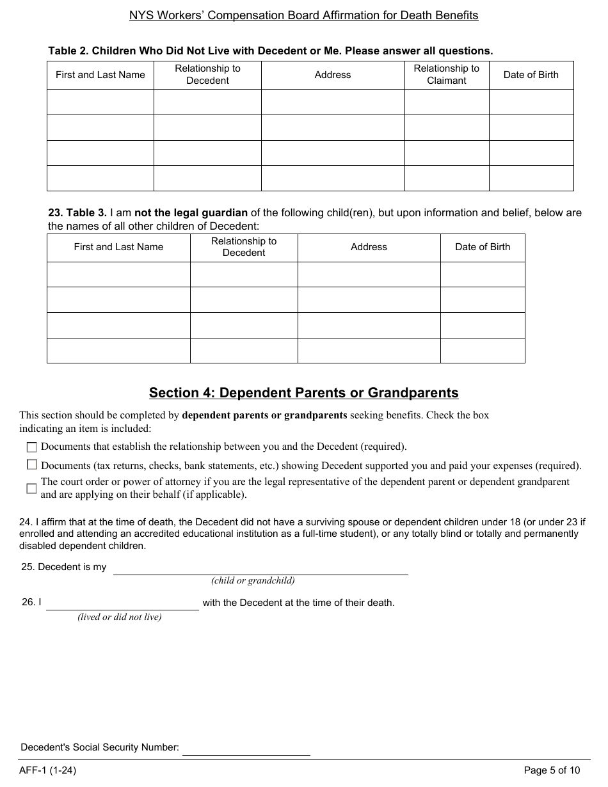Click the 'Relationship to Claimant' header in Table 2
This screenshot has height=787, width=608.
click(446, 74)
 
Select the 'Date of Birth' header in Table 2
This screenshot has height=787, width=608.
click(531, 75)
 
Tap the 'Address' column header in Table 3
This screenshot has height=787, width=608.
click(369, 247)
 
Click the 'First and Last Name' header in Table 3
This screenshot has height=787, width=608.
click(118, 247)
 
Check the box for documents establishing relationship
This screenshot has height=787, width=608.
click(31, 447)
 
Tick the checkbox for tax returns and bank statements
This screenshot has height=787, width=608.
click(31, 465)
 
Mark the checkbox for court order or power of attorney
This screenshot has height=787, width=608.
click(31, 488)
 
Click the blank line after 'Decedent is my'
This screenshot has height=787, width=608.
click(260, 568)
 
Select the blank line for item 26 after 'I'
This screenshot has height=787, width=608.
click(122, 603)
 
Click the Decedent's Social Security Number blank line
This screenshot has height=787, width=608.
click(246, 749)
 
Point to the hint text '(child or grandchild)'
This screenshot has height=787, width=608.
click(253, 581)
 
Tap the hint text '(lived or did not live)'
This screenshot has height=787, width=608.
click(120, 617)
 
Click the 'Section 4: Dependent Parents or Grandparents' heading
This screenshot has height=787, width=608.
click(303, 393)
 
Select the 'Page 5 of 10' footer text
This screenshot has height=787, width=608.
click(552, 770)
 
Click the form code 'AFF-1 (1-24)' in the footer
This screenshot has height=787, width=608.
click(47, 770)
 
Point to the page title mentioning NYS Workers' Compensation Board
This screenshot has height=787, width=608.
click(303, 15)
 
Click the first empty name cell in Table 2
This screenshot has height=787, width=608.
click(100, 102)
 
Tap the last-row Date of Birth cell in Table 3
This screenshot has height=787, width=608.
click(482, 351)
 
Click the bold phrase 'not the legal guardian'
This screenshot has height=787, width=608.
click(191, 213)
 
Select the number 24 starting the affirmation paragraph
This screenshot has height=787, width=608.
click(26, 522)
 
